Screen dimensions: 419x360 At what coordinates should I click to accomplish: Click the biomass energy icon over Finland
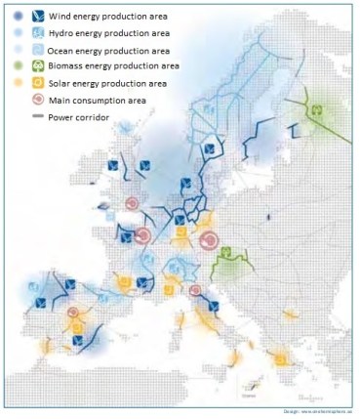tap(315, 110)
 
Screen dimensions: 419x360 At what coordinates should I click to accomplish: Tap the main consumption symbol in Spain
tap(73, 314)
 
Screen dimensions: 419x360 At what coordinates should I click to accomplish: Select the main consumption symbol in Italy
tap(195, 290)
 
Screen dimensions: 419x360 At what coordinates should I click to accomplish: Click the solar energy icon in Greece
tap(280, 360)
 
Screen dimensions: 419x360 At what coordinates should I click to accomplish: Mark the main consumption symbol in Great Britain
tap(132, 203)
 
